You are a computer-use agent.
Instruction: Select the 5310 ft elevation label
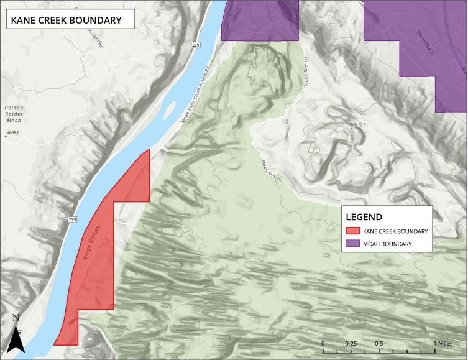(x=359, y=126)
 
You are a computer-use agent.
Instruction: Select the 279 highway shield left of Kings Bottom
(x=72, y=219)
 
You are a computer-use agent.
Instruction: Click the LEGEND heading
(x=364, y=217)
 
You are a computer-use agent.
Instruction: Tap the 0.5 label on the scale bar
(x=379, y=343)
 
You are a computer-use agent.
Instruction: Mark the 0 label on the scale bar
(x=323, y=343)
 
